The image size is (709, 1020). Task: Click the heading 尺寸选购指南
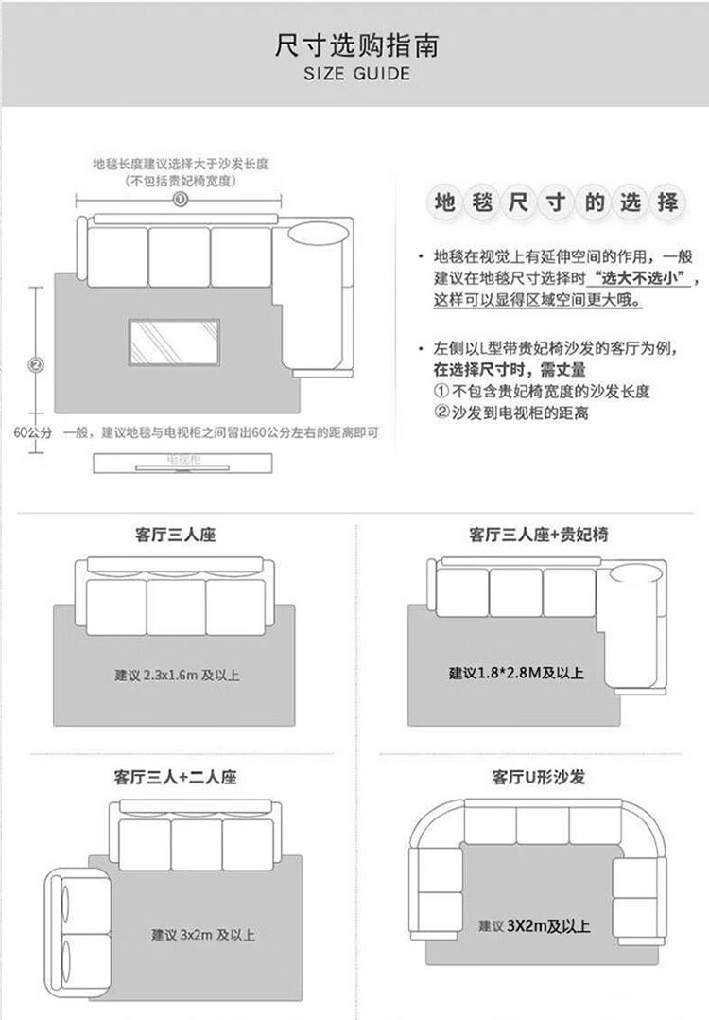coord(356,44)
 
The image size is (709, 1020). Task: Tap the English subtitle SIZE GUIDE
coord(356,74)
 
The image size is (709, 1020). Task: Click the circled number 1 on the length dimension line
coord(181,199)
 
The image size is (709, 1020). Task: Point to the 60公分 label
coord(33,432)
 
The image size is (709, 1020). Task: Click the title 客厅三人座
coord(176,536)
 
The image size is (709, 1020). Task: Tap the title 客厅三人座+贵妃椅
coord(539,536)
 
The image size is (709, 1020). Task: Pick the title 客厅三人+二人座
coord(176,778)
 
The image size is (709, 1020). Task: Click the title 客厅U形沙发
coord(538,778)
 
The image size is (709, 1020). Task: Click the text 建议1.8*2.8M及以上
coord(516,674)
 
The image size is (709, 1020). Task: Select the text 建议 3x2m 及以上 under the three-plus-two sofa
coord(203,935)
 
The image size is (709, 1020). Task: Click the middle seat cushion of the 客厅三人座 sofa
coord(176,607)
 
